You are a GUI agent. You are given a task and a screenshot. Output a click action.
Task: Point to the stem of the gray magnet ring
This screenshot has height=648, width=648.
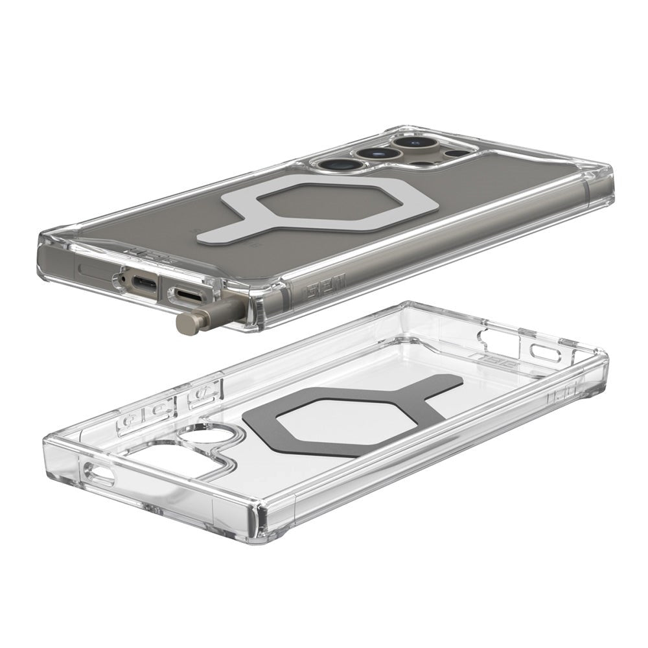[437, 389]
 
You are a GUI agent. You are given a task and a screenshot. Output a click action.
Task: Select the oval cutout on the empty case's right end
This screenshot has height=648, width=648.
[543, 353]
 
